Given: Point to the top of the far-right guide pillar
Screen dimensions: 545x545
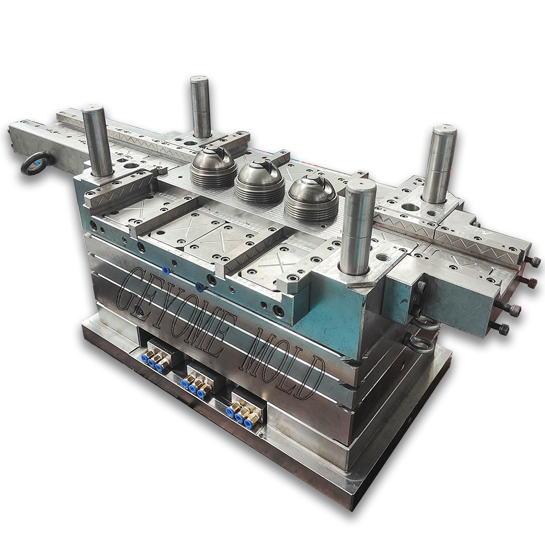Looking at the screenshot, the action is coord(444,130).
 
